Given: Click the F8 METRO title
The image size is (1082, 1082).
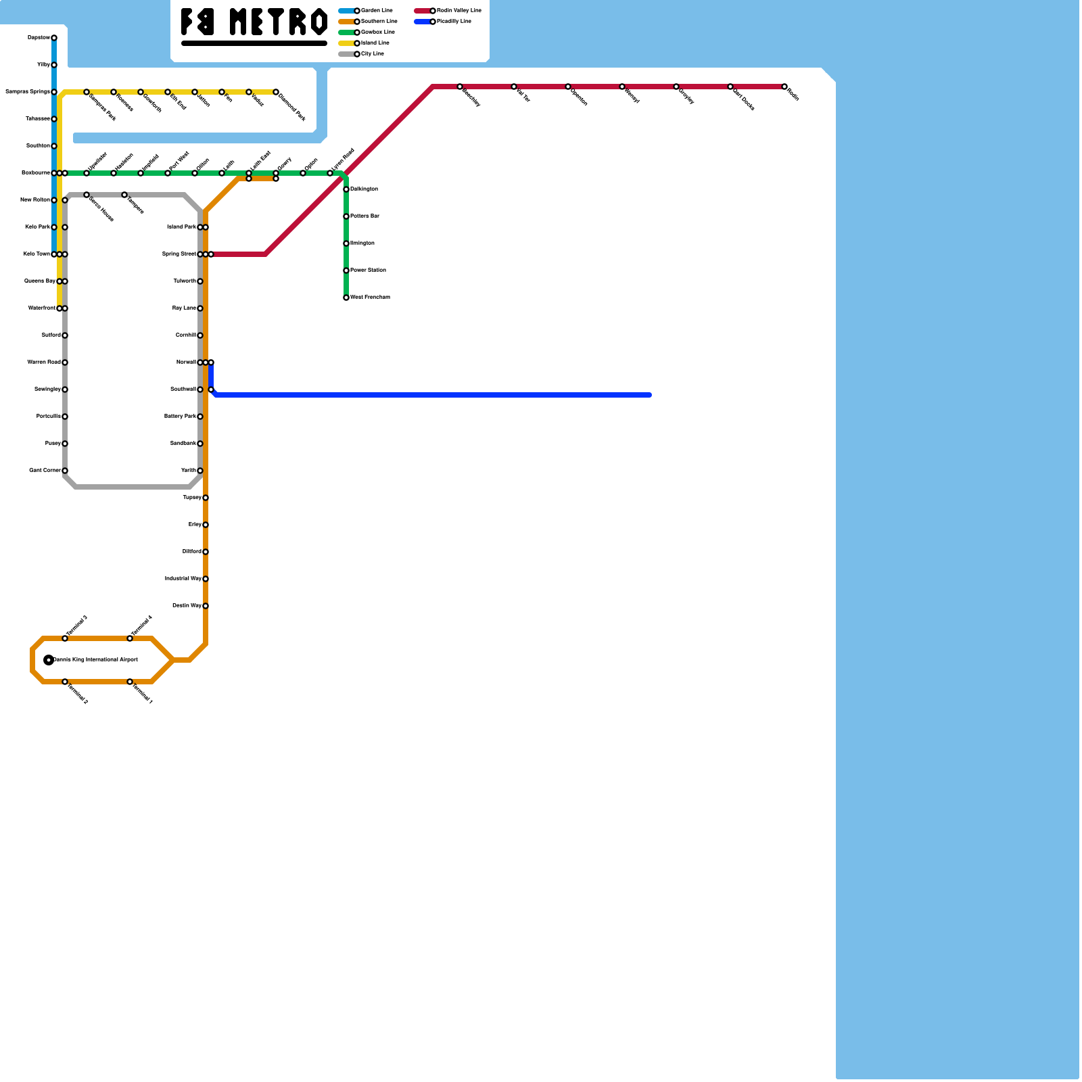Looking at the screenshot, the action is (x=254, y=22).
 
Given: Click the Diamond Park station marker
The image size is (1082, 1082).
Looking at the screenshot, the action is (x=276, y=92).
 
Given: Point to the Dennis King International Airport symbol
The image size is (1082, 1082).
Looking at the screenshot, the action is (x=49, y=660).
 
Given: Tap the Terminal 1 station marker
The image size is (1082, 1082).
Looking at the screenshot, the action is (x=130, y=682).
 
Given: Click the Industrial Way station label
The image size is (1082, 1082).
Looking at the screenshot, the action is (x=183, y=579).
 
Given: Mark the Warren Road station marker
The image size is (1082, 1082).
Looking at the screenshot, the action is (x=65, y=362).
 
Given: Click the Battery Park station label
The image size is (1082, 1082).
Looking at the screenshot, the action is (x=180, y=417).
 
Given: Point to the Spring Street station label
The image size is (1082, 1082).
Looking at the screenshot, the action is (x=179, y=254).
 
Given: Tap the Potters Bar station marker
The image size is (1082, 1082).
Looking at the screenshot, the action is (x=346, y=216).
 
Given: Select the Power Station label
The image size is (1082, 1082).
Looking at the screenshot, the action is (x=368, y=270).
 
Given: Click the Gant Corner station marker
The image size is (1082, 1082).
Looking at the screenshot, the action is (x=65, y=471).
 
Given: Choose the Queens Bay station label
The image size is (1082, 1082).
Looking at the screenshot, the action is (x=39, y=281).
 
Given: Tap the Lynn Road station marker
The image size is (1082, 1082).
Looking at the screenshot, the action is (x=330, y=173).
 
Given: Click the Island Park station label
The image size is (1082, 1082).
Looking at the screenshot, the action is (x=181, y=227).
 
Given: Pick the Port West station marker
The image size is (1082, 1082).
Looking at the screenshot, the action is (x=168, y=173).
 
